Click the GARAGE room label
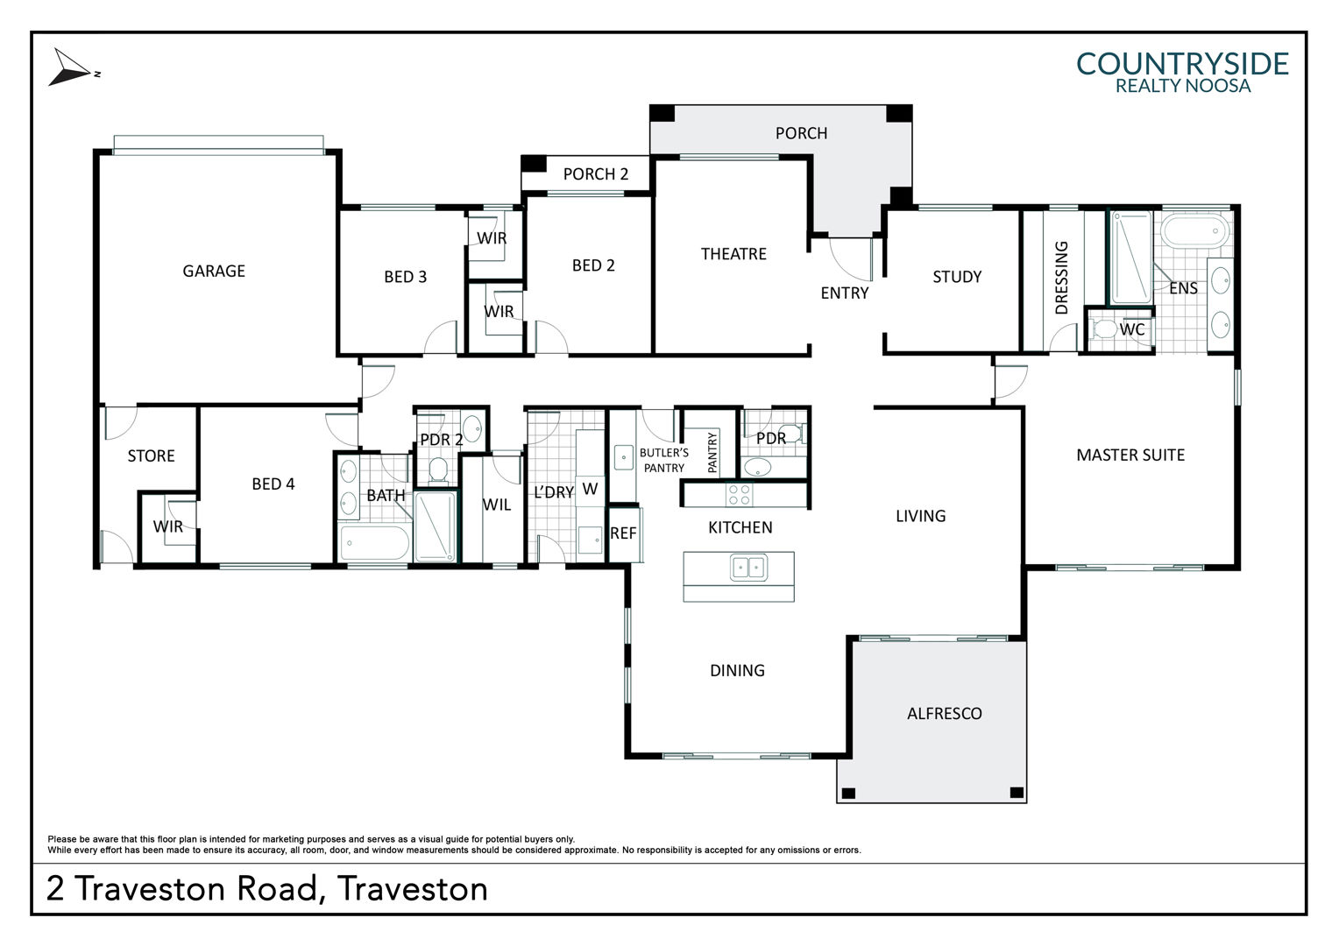(x=214, y=272)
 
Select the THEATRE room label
(x=733, y=254)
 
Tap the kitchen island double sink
(x=748, y=567)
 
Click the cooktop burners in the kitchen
(x=740, y=495)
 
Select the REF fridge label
(x=623, y=533)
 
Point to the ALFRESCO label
(x=945, y=714)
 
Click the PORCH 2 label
(x=595, y=174)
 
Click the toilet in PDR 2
(x=438, y=469)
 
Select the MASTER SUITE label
(x=1130, y=455)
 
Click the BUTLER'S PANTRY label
(x=664, y=460)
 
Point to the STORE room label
(x=152, y=456)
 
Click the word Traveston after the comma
(x=413, y=889)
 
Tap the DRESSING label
(x=1061, y=278)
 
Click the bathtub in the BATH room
(x=375, y=542)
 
